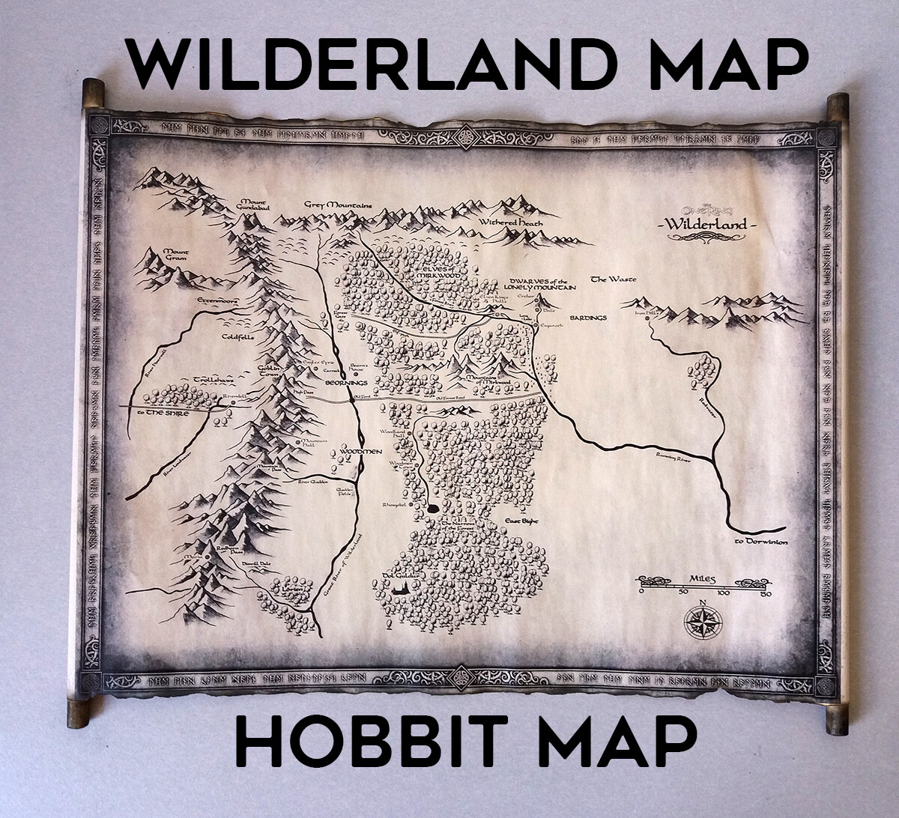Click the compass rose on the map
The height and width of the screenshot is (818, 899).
[x=703, y=622]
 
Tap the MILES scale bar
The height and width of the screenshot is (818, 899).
[x=703, y=585]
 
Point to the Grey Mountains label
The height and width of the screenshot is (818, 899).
[x=338, y=204]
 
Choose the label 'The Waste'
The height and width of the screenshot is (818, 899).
[x=613, y=279]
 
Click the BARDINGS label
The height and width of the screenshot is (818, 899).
[x=587, y=318]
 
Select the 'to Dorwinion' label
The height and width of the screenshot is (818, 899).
[x=760, y=541]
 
